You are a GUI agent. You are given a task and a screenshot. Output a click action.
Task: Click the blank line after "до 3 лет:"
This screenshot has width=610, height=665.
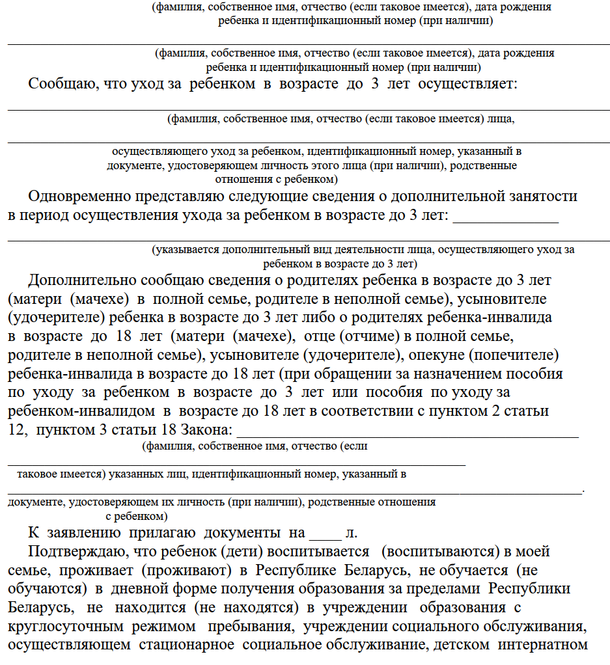click(505, 217)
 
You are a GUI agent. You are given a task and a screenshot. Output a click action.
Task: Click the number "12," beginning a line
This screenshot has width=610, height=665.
click(18, 431)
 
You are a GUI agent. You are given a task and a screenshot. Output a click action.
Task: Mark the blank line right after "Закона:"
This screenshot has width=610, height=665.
click(407, 432)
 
